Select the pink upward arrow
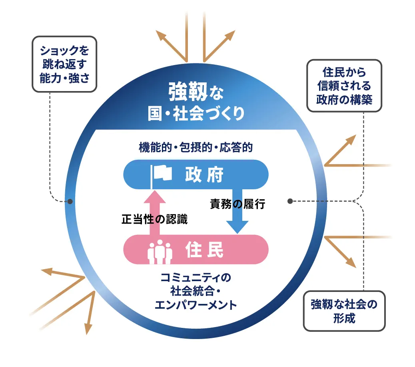click(154, 212)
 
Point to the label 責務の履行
click(237, 204)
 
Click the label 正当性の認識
click(154, 219)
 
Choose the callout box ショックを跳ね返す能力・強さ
click(64, 64)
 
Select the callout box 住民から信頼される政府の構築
click(344, 86)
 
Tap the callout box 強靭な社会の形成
click(344, 311)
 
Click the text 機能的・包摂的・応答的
click(196, 148)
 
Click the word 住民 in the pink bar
click(204, 250)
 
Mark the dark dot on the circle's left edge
click(70, 201)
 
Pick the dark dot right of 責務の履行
click(290, 201)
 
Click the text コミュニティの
click(196, 277)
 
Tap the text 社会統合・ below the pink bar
click(196, 291)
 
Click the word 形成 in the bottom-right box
click(344, 319)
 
